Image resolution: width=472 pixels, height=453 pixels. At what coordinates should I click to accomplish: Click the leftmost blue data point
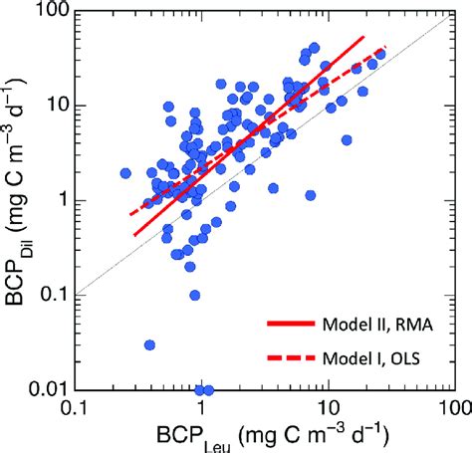[x=125, y=172]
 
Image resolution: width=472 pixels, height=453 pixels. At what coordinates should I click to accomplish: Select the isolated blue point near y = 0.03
[x=149, y=344]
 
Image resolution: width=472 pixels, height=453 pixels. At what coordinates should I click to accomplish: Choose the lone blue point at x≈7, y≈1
[x=310, y=195]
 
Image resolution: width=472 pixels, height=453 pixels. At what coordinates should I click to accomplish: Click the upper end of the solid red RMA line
[x=364, y=37]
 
